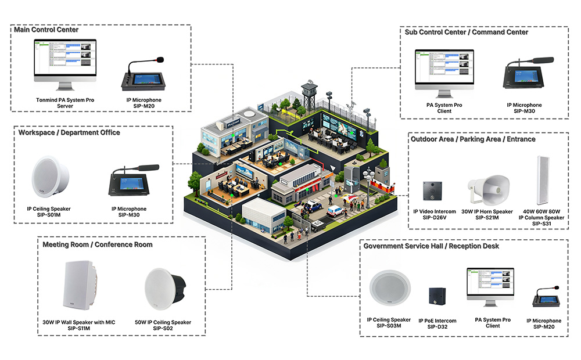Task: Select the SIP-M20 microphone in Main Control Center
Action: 142,76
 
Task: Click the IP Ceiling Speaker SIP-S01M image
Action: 50,175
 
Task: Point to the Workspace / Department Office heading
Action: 69,132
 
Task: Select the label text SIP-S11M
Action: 80,329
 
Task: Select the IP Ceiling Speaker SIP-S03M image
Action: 389,291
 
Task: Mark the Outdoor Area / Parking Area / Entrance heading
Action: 473,139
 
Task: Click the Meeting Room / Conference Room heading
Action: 98,244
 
